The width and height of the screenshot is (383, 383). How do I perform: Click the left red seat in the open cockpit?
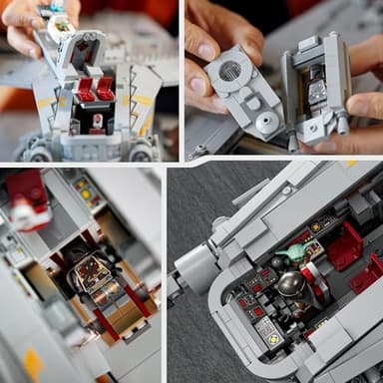click(x=86, y=89)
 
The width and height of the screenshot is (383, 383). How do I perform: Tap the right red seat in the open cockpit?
click(x=106, y=88)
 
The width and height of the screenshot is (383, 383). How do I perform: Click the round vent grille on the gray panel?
click(x=231, y=72)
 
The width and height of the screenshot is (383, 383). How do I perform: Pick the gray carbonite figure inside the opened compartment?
click(x=317, y=92)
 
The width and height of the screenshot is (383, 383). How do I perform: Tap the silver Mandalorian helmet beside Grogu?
click(x=292, y=283)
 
